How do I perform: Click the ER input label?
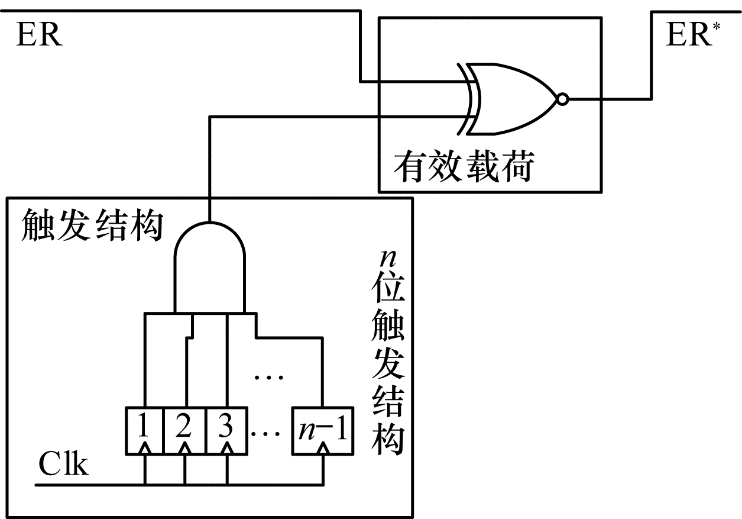click(x=39, y=36)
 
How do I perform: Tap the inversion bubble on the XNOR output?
click(x=563, y=99)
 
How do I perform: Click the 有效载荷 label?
click(x=464, y=167)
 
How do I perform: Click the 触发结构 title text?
click(x=92, y=227)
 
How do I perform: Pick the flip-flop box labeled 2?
click(x=184, y=430)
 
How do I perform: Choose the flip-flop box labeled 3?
click(x=225, y=430)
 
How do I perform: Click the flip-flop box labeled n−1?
click(x=323, y=430)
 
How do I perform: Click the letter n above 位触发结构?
click(x=387, y=259)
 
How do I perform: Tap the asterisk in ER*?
click(x=717, y=26)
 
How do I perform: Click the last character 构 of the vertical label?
click(x=387, y=439)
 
